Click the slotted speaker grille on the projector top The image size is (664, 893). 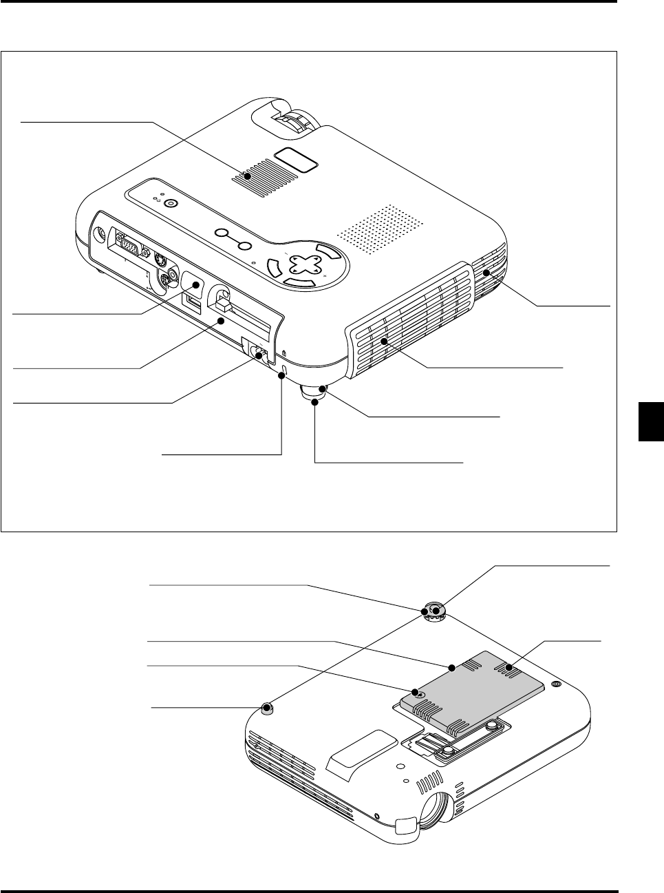tap(264, 176)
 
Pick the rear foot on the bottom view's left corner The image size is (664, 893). tap(268, 707)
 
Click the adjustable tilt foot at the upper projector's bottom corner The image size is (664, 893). tap(314, 394)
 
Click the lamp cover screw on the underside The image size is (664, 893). tap(416, 692)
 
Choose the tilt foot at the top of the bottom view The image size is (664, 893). tap(434, 611)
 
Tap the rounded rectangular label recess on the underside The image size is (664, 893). tap(363, 753)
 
